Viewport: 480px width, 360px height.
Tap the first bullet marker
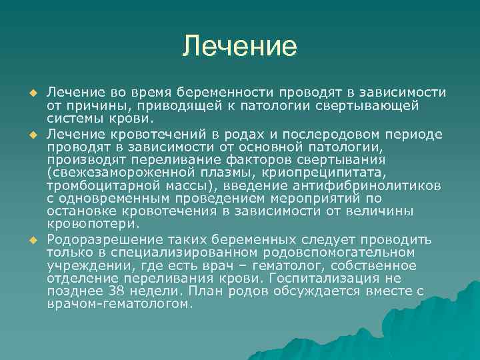click(31, 91)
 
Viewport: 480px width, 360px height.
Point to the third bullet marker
click(31, 239)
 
